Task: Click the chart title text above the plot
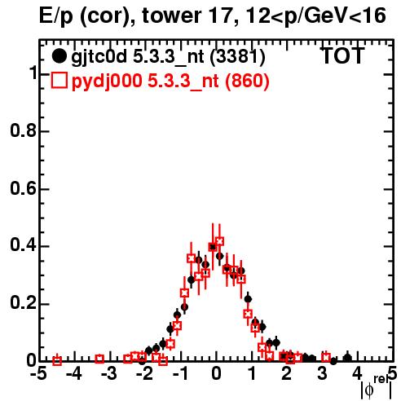point(213,16)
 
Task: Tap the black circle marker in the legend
point(59,55)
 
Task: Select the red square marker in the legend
point(59,80)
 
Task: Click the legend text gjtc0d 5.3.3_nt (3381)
point(168,56)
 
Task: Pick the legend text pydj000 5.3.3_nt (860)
point(170,81)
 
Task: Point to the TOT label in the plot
point(342,55)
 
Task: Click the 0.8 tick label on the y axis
point(23,130)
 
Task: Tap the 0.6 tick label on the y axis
point(23,188)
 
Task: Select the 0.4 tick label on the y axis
point(23,245)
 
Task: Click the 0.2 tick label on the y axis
point(23,303)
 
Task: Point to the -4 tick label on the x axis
point(74,374)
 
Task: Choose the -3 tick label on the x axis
point(109,374)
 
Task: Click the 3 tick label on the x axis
point(323,374)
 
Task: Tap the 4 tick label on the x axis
point(358,374)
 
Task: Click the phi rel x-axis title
point(377,387)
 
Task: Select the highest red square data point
point(219,241)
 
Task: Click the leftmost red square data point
point(57,361)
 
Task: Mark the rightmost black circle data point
point(348,358)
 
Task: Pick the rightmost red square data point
point(326,358)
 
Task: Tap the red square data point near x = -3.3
point(99,359)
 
